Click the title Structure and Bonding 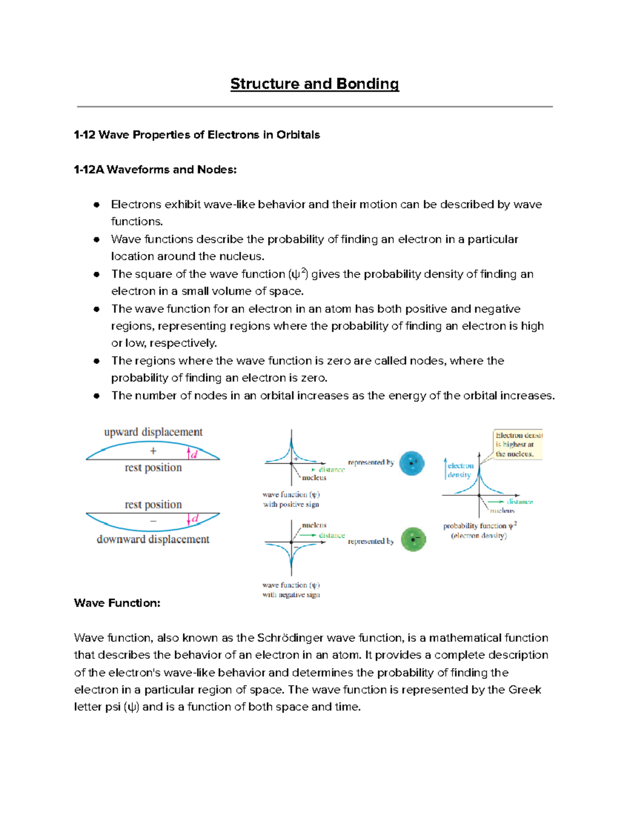tap(314, 84)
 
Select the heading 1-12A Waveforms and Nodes tap(155, 170)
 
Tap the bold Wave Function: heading tap(117, 603)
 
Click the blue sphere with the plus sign tap(412, 463)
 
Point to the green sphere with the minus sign tap(413, 539)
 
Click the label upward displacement tap(153, 432)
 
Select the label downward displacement tap(153, 539)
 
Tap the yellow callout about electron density tap(518, 444)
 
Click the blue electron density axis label tap(460, 470)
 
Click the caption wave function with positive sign tap(291, 499)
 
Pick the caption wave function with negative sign tap(291, 590)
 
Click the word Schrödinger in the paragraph tap(290, 638)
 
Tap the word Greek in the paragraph tap(524, 690)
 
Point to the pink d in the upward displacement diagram tap(194, 454)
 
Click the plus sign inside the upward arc tap(153, 451)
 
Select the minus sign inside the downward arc tap(153, 521)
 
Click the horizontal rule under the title tap(314, 107)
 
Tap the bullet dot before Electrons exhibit tap(97, 205)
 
